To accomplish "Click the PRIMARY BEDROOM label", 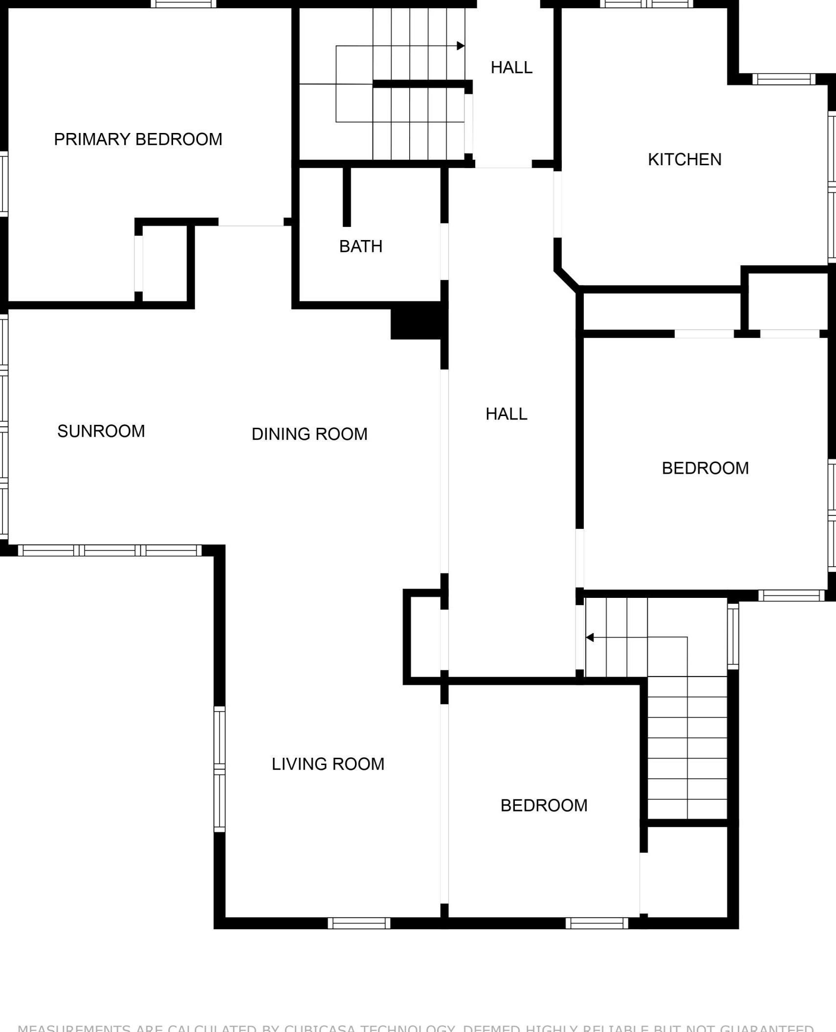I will pos(138,139).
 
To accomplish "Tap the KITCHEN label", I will pos(684,159).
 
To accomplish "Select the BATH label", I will pos(361,246).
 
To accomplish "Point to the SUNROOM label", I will pos(101,431).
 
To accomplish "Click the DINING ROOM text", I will pos(309,434).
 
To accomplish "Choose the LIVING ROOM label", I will pos(328,764).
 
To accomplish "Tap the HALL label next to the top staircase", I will pos(511,67).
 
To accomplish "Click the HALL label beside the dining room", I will pos(506,414).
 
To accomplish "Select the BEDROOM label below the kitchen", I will pos(705,468).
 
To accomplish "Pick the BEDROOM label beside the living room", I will pos(544,806).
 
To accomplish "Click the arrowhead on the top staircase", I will pos(461,46).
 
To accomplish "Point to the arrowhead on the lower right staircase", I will pos(590,637).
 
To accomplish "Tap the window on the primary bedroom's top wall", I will pos(183,4).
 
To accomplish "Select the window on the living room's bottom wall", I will pos(359,923).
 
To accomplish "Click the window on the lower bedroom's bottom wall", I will pos(597,923).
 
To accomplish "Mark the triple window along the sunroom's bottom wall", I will pos(110,550).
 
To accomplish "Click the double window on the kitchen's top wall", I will pos(646,4).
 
